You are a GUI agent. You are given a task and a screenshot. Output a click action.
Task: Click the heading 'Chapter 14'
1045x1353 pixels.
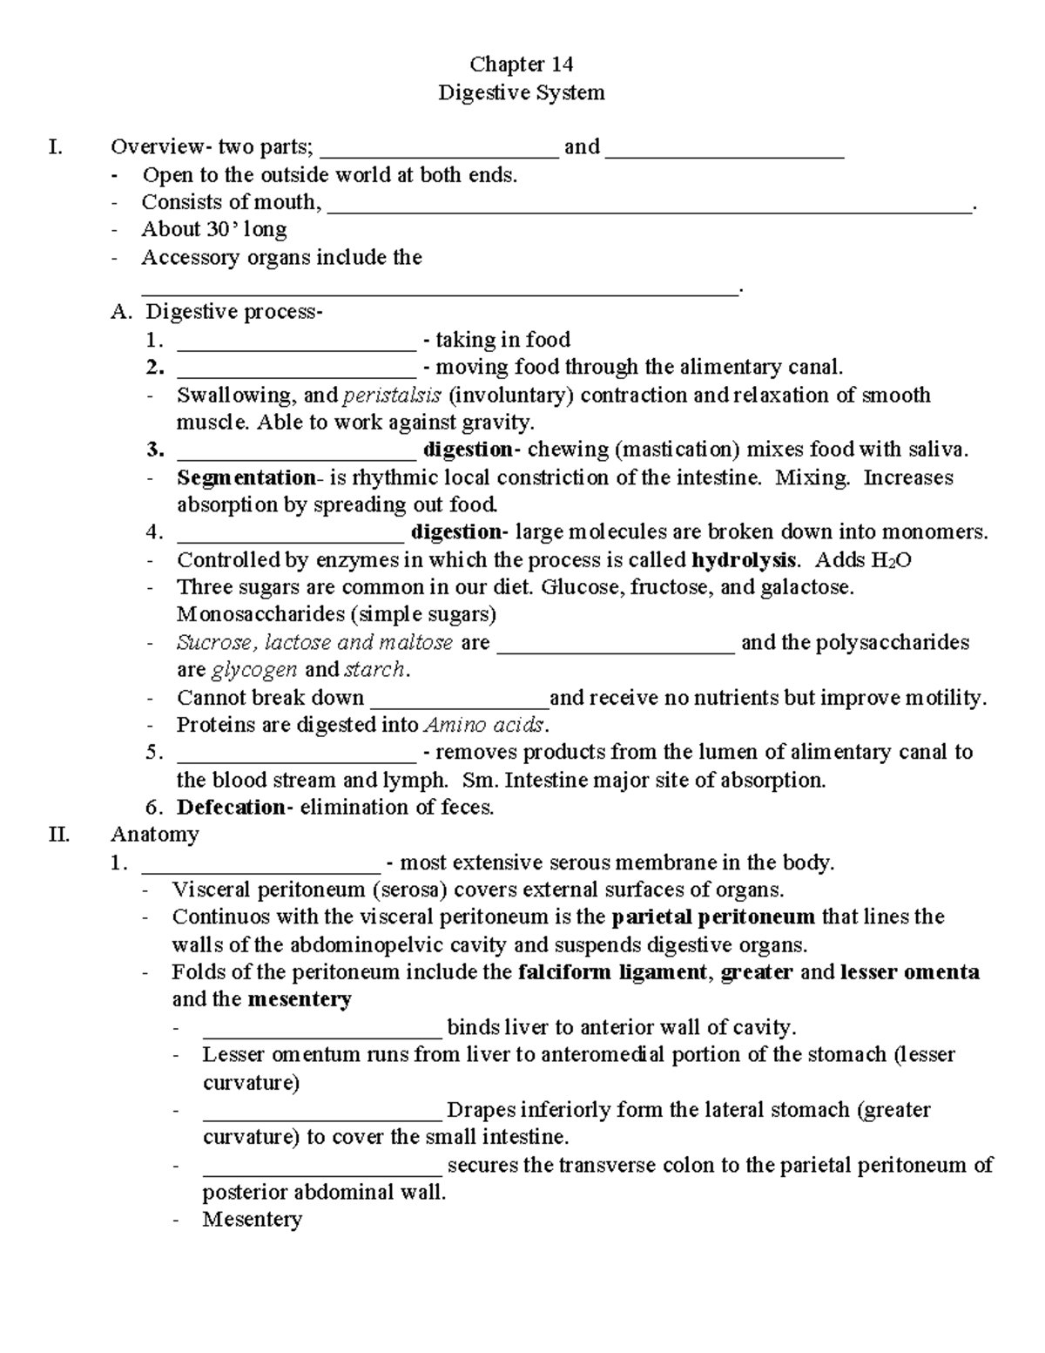tap(521, 64)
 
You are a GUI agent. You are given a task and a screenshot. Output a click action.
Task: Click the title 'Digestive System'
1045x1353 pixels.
tap(521, 92)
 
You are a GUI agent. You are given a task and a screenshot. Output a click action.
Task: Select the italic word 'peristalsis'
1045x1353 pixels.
tap(392, 396)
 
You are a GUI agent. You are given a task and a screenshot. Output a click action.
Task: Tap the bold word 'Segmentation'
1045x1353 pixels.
tap(246, 477)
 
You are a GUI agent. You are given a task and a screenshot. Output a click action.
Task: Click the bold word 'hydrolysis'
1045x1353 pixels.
tap(743, 559)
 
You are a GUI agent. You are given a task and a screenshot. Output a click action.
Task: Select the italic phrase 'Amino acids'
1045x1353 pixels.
tap(485, 725)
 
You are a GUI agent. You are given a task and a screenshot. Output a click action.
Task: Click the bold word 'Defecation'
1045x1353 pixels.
tap(231, 808)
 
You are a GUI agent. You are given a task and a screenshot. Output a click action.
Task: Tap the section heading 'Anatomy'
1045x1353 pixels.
tap(155, 835)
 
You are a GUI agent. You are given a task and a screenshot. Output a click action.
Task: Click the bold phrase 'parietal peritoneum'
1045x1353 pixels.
tap(713, 917)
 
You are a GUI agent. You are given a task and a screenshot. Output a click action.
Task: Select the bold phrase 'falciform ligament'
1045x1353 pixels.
tap(612, 971)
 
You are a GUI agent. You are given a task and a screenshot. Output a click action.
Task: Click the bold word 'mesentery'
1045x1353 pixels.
tap(300, 999)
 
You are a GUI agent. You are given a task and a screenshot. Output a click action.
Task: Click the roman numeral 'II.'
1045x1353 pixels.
tap(59, 835)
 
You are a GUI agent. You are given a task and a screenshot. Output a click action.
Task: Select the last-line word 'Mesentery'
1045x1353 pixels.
tap(252, 1219)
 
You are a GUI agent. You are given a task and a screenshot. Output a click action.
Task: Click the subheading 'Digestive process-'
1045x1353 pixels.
tap(233, 312)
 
